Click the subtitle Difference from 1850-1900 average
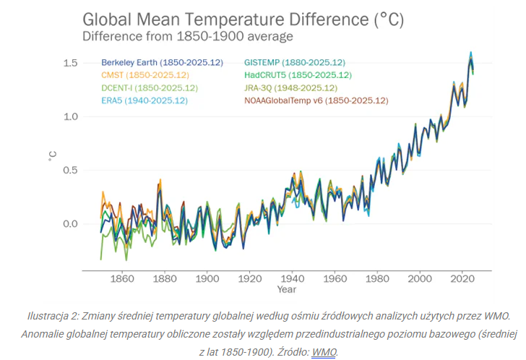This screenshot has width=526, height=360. tap(187, 36)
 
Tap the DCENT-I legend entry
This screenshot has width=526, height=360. tap(149, 87)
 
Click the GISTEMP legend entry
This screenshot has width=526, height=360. tap(294, 63)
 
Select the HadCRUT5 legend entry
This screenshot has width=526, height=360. tap(298, 75)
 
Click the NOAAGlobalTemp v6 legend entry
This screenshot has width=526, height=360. tap(316, 100)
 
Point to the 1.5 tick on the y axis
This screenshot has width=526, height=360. tap(69, 64)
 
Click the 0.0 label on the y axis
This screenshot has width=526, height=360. tap(69, 224)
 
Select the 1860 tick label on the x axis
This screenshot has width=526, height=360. tap(121, 278)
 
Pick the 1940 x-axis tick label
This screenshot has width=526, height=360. tap(293, 278)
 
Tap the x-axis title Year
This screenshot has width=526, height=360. tap(286, 289)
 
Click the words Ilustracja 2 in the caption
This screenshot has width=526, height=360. tap(53, 317)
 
